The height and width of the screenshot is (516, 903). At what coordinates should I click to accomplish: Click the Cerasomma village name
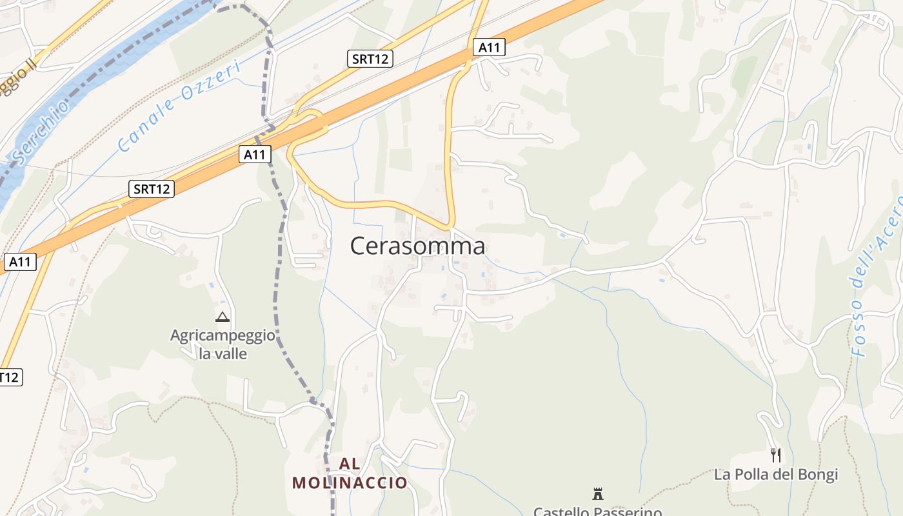coord(417,246)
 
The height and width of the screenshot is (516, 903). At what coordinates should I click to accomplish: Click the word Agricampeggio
coord(223,336)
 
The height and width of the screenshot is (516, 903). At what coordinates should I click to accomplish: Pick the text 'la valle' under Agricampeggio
coord(223,353)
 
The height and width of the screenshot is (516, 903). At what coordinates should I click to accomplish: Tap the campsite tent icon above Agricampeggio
coord(223,317)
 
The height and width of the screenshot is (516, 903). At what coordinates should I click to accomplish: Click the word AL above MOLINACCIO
coord(350,464)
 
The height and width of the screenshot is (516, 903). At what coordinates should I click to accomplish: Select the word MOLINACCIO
coord(350,482)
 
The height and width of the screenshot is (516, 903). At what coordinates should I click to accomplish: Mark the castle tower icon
coord(598,494)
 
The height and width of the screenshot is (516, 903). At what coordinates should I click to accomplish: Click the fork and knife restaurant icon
coord(776,455)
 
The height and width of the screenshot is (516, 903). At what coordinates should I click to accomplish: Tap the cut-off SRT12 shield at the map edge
coord(9,377)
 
